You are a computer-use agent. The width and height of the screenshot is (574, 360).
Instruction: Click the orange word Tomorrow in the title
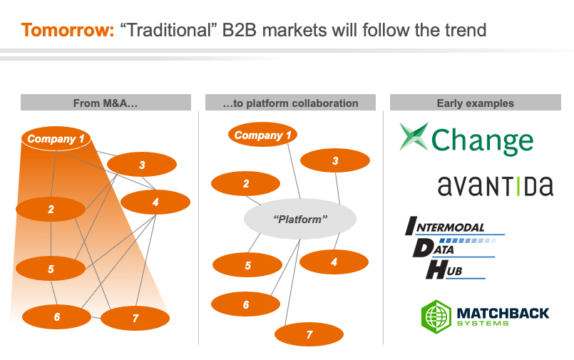click(x=68, y=30)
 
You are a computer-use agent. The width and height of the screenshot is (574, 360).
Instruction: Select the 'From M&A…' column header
click(x=106, y=103)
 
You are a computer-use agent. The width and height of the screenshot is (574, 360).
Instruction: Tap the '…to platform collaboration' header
click(x=290, y=103)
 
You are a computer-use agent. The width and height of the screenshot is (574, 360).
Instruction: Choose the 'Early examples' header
click(x=475, y=103)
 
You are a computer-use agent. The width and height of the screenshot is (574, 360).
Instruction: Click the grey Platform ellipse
click(x=299, y=219)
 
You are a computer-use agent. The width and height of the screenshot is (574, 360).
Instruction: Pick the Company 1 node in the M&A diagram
click(x=56, y=139)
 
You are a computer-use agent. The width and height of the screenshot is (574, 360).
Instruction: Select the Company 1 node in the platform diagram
click(x=262, y=135)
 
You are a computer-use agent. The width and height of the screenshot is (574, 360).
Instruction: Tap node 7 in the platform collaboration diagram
click(x=309, y=334)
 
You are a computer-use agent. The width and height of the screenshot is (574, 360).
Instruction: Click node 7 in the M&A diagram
click(x=135, y=318)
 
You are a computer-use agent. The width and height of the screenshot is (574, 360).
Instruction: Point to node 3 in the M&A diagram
click(x=142, y=165)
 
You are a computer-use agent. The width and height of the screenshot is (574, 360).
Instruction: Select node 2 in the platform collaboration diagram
click(x=245, y=183)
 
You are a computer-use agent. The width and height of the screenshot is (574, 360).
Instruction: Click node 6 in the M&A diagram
click(x=57, y=317)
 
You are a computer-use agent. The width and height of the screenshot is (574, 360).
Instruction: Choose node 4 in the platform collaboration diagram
click(x=334, y=262)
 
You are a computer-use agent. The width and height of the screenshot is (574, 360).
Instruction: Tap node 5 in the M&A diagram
click(x=51, y=269)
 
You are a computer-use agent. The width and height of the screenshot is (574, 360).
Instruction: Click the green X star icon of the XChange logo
click(x=414, y=137)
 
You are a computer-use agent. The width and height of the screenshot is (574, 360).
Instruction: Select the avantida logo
click(x=496, y=186)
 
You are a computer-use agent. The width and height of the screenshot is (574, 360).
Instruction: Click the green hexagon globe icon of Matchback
click(x=436, y=317)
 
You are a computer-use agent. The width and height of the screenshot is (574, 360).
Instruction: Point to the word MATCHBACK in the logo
click(x=503, y=313)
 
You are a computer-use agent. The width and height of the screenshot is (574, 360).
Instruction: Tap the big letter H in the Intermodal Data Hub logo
click(x=436, y=270)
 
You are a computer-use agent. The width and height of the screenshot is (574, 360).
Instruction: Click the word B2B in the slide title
click(x=239, y=30)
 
